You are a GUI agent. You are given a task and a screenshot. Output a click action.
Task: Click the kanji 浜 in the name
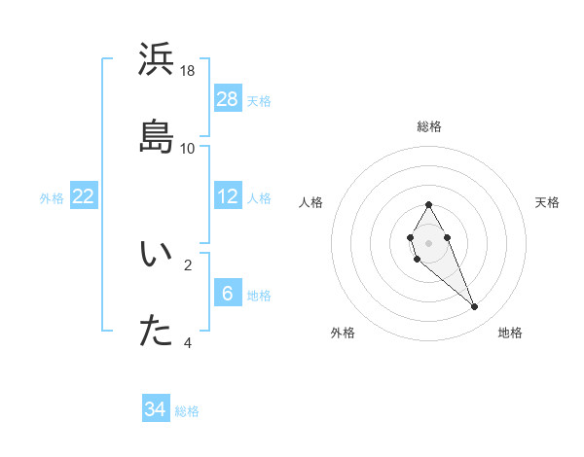157,60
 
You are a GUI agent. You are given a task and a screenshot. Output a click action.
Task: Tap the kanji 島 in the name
157,137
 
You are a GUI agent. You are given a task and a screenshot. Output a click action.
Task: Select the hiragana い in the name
157,255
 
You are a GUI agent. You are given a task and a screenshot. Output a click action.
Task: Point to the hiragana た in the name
157,332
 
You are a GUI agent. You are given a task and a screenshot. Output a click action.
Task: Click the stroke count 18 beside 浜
188,71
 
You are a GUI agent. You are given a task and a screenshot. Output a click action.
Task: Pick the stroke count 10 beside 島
188,148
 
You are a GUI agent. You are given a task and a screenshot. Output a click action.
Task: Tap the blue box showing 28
228,98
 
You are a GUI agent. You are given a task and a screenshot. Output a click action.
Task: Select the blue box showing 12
228,196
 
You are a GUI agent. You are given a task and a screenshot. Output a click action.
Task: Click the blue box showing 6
228,293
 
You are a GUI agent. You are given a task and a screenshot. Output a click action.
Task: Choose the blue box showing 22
84,196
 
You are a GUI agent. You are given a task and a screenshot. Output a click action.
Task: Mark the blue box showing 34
156,409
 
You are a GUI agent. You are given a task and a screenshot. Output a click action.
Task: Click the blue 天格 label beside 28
259,100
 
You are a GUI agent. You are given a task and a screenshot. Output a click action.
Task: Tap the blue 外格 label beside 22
52,198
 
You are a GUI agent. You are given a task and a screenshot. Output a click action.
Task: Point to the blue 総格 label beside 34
187,411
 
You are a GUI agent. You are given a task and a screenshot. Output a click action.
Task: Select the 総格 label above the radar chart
429,126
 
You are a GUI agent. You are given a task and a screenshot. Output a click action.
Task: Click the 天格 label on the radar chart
547,202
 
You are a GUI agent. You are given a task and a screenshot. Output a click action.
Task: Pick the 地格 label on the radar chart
510,333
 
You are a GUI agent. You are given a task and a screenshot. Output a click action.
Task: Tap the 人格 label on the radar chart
311,202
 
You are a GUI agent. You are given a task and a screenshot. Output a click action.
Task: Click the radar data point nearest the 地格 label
475,307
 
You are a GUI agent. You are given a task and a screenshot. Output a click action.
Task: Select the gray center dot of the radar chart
428,241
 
